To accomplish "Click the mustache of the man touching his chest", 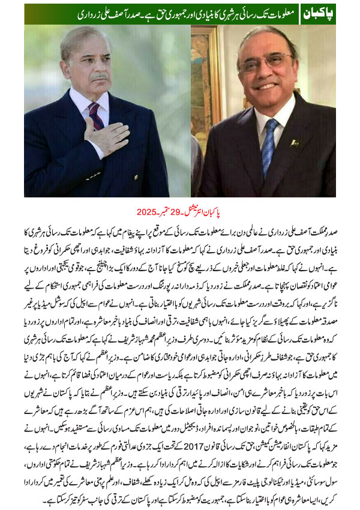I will tap(98, 77).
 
